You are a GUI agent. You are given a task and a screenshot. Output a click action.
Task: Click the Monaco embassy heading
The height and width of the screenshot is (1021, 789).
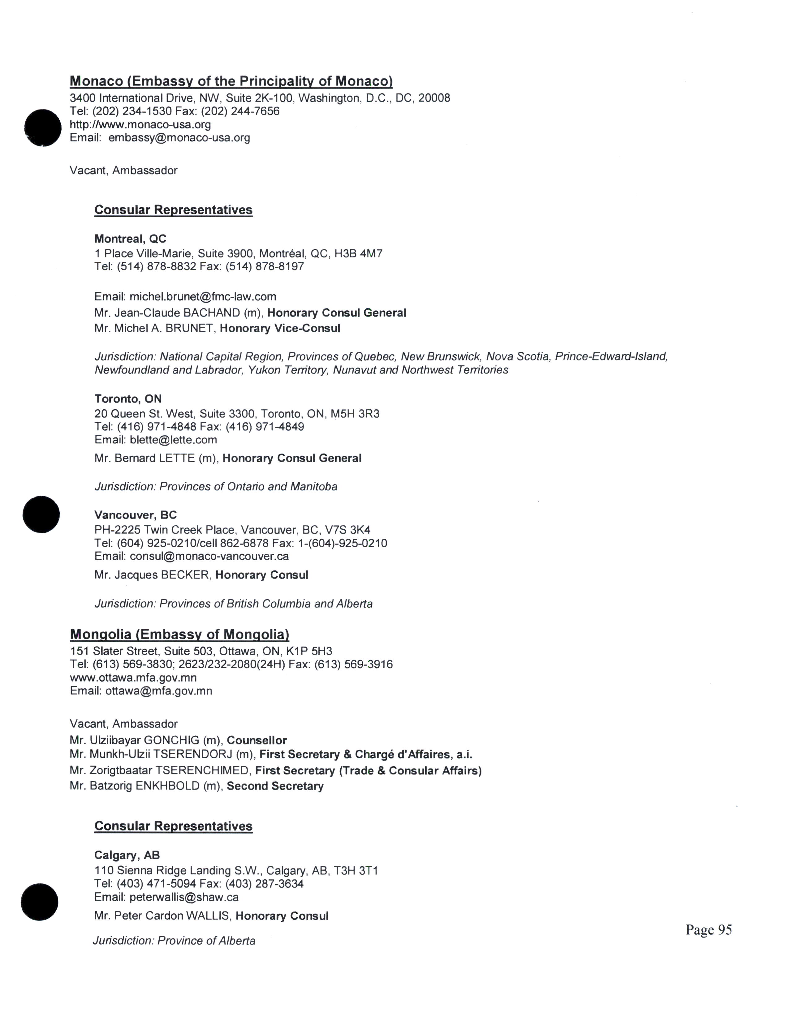[231, 81]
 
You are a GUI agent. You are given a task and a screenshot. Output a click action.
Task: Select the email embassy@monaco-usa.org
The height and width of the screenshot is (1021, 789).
[179, 138]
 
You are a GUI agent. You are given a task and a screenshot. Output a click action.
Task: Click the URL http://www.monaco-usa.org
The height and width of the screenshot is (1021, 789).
[140, 125]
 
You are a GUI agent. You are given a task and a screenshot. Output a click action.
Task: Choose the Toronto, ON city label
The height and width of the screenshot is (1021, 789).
[128, 399]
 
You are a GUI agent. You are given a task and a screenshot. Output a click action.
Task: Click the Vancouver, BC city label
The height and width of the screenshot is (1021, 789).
[136, 515]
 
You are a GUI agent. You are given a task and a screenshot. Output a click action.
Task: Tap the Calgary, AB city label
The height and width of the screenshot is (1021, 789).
[127, 855]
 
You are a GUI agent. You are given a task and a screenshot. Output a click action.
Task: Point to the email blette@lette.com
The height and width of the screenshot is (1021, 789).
[173, 440]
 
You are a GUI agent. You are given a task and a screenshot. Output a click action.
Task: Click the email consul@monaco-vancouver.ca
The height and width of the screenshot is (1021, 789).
[209, 556]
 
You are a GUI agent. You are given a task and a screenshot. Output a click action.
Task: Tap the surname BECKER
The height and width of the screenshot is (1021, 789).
[185, 575]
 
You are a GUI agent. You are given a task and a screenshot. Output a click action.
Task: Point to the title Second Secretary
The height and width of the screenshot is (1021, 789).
[275, 786]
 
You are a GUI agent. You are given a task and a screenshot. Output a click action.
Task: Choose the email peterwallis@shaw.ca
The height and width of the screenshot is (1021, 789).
[184, 897]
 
